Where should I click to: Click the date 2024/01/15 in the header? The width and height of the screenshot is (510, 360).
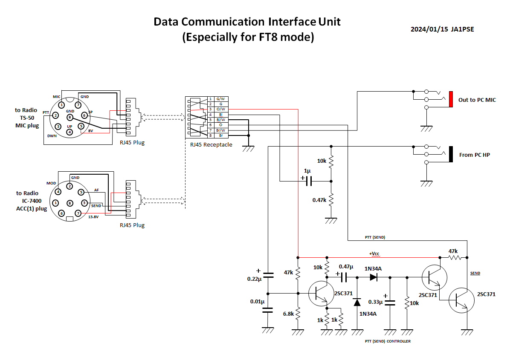(429, 29)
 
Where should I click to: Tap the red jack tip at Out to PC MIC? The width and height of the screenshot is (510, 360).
(450, 99)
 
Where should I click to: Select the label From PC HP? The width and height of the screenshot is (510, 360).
(474, 155)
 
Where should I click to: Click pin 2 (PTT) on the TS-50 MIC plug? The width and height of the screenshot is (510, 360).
(55, 115)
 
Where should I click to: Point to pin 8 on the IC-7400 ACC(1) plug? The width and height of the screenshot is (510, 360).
(70, 203)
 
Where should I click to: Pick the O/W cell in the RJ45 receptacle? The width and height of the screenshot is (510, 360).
(220, 109)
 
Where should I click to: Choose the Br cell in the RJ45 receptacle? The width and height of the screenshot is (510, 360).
(220, 135)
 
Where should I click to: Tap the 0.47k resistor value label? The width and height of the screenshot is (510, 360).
(319, 200)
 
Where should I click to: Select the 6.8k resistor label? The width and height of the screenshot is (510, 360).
(288, 314)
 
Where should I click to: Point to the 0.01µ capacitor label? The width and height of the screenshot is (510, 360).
(257, 302)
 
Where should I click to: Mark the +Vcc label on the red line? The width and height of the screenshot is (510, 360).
(374, 254)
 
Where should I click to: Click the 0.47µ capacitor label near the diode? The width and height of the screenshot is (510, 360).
(346, 267)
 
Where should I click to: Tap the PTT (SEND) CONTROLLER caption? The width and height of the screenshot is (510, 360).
(388, 341)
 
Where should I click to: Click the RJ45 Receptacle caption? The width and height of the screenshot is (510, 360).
(211, 145)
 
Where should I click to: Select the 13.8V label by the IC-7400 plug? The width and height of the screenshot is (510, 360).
(93, 217)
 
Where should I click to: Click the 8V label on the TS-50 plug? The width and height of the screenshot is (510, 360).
(90, 131)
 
